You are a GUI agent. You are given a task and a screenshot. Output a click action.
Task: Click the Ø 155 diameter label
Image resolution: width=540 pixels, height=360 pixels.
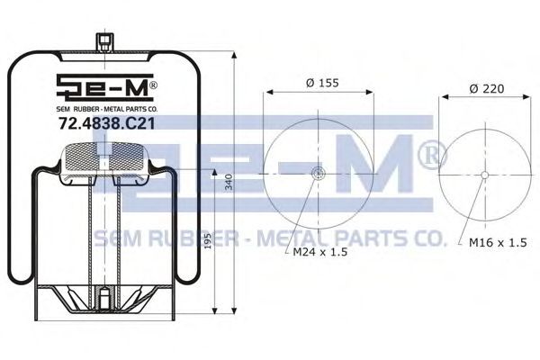322,83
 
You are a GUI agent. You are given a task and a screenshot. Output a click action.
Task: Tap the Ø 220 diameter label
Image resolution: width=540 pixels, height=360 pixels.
486,88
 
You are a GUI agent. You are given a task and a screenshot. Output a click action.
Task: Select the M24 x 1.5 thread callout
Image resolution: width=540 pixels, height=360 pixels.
319,252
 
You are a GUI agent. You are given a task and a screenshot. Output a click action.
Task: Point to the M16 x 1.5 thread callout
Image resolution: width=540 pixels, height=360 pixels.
498,242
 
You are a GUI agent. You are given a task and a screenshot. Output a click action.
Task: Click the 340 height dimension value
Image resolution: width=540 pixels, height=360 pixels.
229,182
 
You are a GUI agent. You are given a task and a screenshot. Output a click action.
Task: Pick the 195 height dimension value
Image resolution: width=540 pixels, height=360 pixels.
208,241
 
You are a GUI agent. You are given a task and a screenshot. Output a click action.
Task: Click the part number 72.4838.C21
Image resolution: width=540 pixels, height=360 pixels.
107,123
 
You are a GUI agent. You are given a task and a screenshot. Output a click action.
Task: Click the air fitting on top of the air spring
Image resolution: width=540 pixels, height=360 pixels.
104,42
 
